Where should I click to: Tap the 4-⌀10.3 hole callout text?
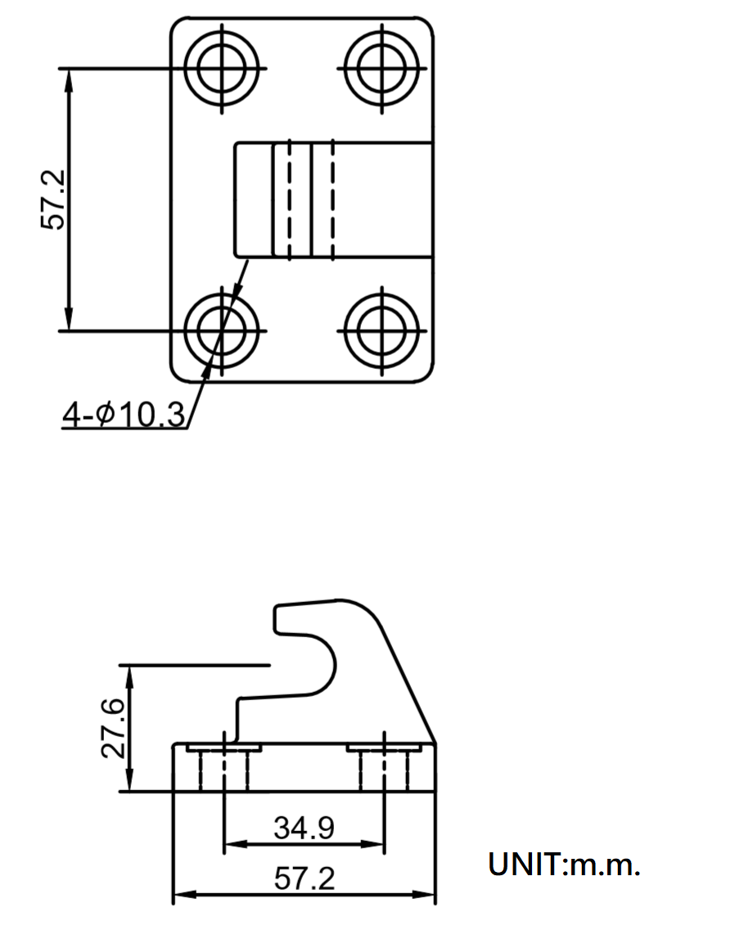coord(124,413)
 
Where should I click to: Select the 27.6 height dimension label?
coord(113,728)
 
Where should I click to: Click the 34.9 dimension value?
coord(304,828)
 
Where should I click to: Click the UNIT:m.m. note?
coord(564,865)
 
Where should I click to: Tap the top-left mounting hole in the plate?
coord(222,68)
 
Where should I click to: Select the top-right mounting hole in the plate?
coord(382,68)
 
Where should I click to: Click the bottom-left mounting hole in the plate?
coord(222,330)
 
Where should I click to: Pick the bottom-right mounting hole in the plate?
coord(382,330)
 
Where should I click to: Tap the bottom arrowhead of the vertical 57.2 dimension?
coord(69,320)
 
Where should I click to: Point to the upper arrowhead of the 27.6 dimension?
coord(129,676)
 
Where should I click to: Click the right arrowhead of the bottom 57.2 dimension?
coord(424,894)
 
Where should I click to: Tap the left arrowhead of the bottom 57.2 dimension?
coord(184,894)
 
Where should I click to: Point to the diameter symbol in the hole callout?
coord(104,413)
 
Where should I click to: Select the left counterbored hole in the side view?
coord(224,767)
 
